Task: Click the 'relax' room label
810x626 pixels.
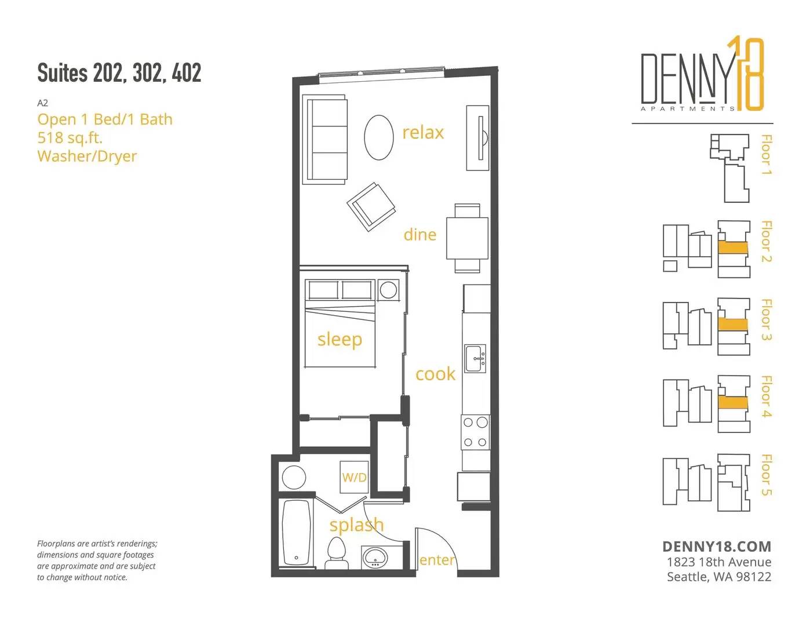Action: [x=423, y=133]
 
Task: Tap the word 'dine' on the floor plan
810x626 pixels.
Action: [x=419, y=235]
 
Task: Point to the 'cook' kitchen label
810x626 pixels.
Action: [x=435, y=374]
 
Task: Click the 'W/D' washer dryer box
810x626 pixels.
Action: [x=354, y=477]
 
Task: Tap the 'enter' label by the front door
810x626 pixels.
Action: [x=437, y=560]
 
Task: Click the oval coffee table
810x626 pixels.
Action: [x=379, y=137]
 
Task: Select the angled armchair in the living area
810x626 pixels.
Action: [x=371, y=206]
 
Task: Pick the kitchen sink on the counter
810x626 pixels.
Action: [x=475, y=358]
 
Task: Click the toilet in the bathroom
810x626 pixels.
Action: [x=337, y=553]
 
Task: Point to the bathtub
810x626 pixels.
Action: [x=296, y=533]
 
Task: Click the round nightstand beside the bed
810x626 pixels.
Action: [x=388, y=290]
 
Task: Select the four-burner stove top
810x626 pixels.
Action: [x=475, y=432]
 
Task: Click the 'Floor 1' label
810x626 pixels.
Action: [x=765, y=154]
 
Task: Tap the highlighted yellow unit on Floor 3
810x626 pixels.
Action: [x=733, y=325]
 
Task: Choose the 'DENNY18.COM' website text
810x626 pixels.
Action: [x=717, y=547]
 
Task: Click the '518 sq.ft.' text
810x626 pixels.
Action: [x=70, y=137]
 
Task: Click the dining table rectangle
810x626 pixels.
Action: [x=467, y=238]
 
